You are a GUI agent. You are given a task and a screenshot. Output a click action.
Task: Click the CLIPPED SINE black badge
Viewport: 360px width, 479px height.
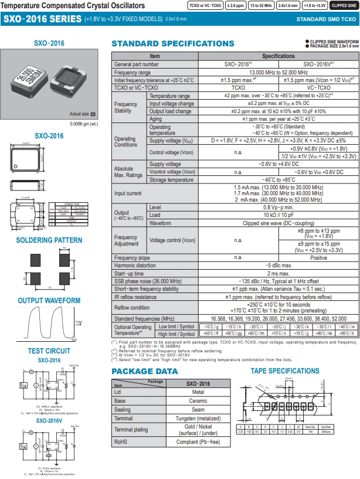tap(342, 5)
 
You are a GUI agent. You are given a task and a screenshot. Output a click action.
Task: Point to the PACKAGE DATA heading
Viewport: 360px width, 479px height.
tap(144, 371)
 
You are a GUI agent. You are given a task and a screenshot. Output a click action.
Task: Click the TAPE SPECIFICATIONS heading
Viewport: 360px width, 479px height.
tap(285, 371)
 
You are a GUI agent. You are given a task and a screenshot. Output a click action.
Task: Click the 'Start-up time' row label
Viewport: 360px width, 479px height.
tap(130, 273)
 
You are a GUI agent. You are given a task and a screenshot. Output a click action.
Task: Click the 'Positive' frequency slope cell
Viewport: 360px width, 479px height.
tap(318, 258)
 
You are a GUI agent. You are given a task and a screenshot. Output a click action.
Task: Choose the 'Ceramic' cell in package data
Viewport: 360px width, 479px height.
tap(198, 400)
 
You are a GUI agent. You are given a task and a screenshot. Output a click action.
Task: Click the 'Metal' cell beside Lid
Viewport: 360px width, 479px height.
tap(198, 392)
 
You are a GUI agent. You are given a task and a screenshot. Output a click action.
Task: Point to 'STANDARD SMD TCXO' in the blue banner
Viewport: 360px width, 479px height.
tap(325, 19)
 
